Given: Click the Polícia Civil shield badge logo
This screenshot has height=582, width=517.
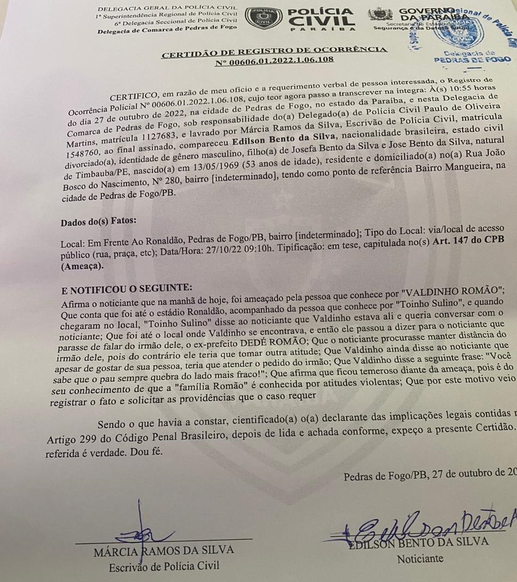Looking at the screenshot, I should pos(263,20).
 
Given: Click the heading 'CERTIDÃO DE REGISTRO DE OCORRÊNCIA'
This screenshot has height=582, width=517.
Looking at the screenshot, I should pos(275,50).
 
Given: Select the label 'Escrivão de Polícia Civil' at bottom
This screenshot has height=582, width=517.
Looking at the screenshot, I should pos(164,566).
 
